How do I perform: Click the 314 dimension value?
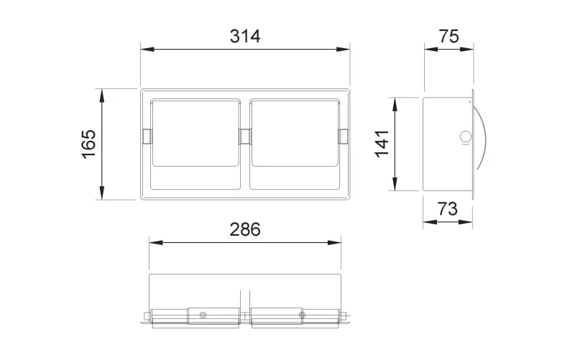[245, 37]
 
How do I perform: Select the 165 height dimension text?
[89, 144]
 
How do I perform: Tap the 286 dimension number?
[245, 229]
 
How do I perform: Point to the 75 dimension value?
[448, 37]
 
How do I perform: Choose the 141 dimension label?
[382, 144]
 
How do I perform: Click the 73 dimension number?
[448, 209]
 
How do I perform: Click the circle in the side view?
[466, 137]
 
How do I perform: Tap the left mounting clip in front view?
[147, 137]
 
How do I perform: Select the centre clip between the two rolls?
[245, 137]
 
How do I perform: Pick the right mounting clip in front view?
[344, 137]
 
